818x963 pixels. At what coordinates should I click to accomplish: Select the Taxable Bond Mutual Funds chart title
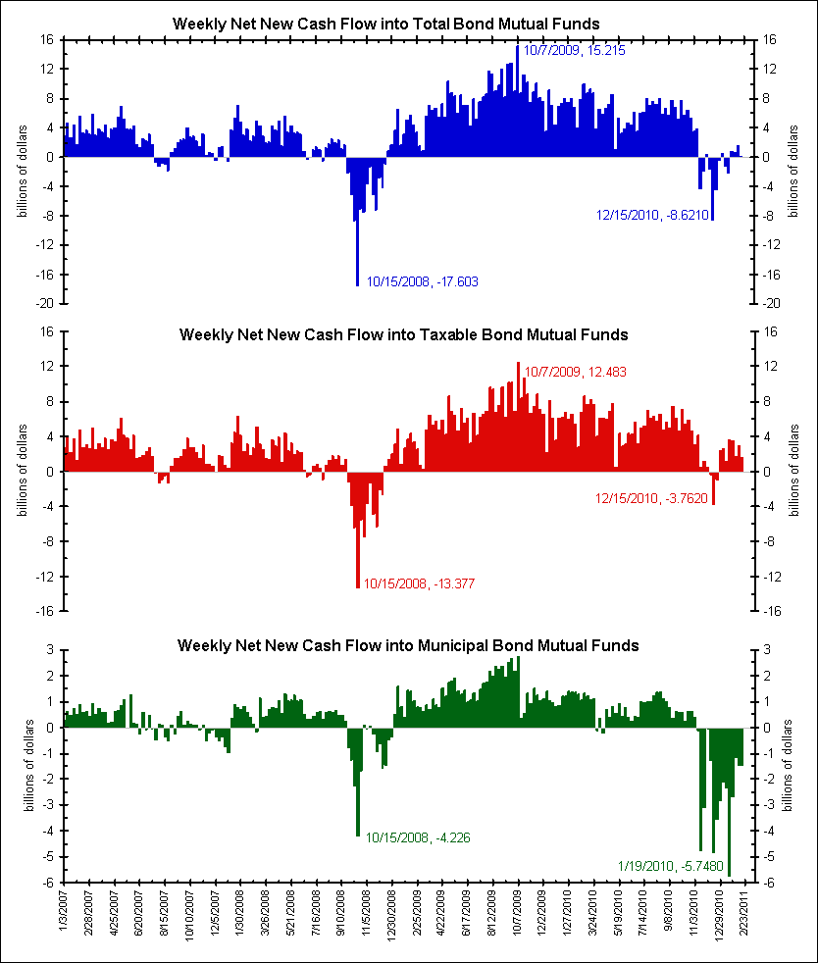403,334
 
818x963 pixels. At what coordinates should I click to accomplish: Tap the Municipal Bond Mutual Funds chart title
408,645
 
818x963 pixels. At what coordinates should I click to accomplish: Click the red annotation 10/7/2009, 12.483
575,372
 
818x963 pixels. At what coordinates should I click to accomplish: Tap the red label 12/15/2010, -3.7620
651,498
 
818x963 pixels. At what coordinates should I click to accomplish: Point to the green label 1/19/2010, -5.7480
672,866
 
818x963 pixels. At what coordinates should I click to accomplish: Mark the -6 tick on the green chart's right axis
768,883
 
